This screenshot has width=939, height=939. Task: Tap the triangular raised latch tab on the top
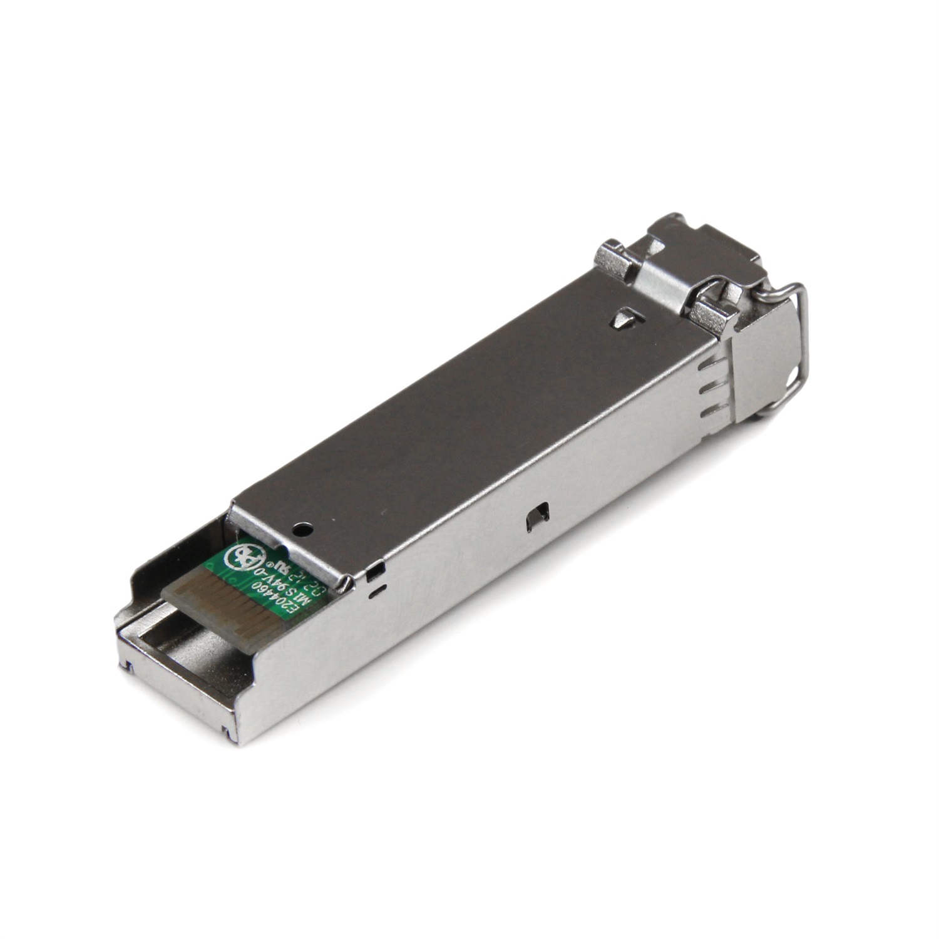click(625, 319)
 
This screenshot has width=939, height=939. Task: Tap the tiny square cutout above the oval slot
click(374, 570)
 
